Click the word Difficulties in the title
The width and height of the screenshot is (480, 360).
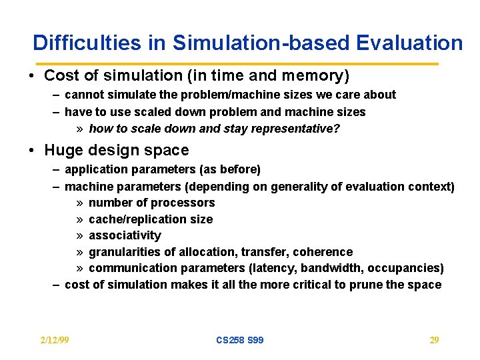[x=87, y=43]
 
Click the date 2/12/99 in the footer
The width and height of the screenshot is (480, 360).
[x=55, y=340]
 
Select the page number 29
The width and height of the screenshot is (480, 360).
[x=434, y=340]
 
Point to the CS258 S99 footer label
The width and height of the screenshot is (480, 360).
[x=239, y=340]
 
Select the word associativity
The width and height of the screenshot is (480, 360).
[x=125, y=235]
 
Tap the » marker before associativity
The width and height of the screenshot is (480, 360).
[x=79, y=235]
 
